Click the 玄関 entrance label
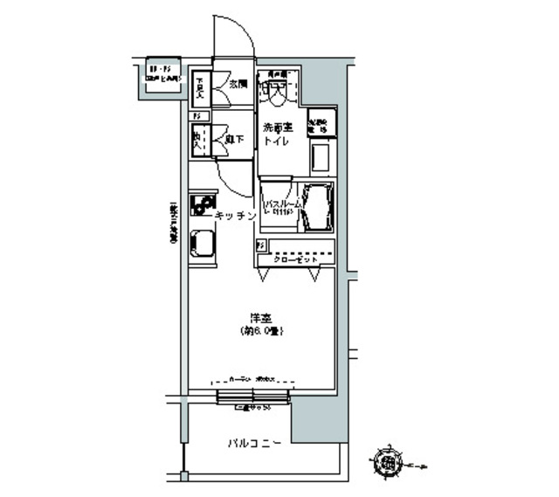coord(238,85)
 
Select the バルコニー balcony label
coord(254,443)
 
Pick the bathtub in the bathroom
coord(316,207)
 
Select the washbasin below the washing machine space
coord(320,156)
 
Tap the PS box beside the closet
coord(260,248)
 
